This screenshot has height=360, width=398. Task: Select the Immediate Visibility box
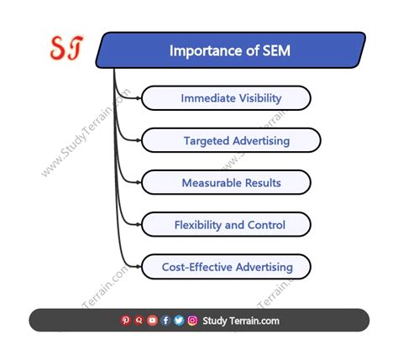(x=226, y=98)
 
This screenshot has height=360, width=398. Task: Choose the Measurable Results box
(x=226, y=182)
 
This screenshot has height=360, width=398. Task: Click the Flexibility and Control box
(x=226, y=224)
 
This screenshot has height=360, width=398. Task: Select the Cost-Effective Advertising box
(x=226, y=267)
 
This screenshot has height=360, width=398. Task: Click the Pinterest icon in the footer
(x=126, y=320)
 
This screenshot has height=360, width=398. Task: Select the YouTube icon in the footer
(x=152, y=320)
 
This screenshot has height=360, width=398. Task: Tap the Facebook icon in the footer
(x=165, y=320)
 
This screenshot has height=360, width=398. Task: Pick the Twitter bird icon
(x=179, y=320)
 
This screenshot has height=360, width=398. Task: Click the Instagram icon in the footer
(x=192, y=320)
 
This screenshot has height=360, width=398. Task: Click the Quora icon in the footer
(x=139, y=320)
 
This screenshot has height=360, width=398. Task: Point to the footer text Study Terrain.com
(x=241, y=320)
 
